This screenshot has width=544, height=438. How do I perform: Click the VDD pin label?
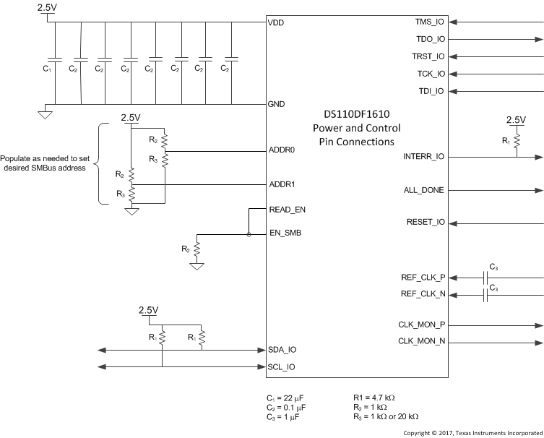tap(276, 22)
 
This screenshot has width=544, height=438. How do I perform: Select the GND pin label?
tap(277, 104)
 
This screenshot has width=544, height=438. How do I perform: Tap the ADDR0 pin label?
tap(282, 151)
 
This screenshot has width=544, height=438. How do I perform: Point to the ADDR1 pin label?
tap(282, 184)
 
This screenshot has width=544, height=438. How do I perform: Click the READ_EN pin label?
tap(287, 209)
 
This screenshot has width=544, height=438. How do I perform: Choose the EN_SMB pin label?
tap(285, 233)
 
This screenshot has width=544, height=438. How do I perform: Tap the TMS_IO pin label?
tap(430, 22)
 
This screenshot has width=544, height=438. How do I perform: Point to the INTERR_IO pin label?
tap(423, 156)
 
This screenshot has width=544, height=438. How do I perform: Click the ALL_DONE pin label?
tap(423, 190)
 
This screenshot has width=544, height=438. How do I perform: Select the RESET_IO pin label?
tap(426, 221)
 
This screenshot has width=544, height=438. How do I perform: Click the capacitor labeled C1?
tap(52, 59)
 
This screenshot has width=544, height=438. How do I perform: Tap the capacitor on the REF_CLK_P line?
tap(485, 277)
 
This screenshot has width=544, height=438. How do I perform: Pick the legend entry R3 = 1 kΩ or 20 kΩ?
tap(386, 416)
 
